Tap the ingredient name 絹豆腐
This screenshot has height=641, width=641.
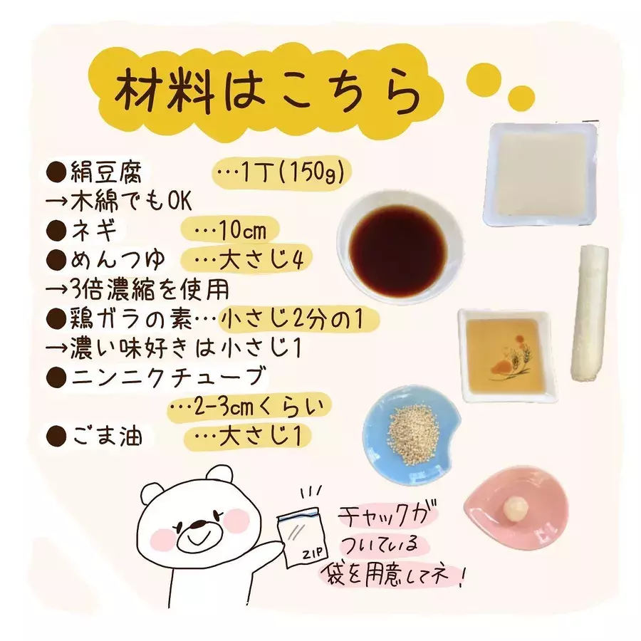106,172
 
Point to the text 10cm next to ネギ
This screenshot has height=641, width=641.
243,231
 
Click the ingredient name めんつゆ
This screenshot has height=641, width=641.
118,259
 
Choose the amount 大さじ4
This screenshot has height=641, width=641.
261,259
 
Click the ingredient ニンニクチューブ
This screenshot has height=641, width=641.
168,377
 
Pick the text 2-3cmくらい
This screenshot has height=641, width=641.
259,407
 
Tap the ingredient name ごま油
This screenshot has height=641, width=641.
107,436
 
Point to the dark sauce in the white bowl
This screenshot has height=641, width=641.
398,251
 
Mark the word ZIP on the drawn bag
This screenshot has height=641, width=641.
313,553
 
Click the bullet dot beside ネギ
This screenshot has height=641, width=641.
56,231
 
